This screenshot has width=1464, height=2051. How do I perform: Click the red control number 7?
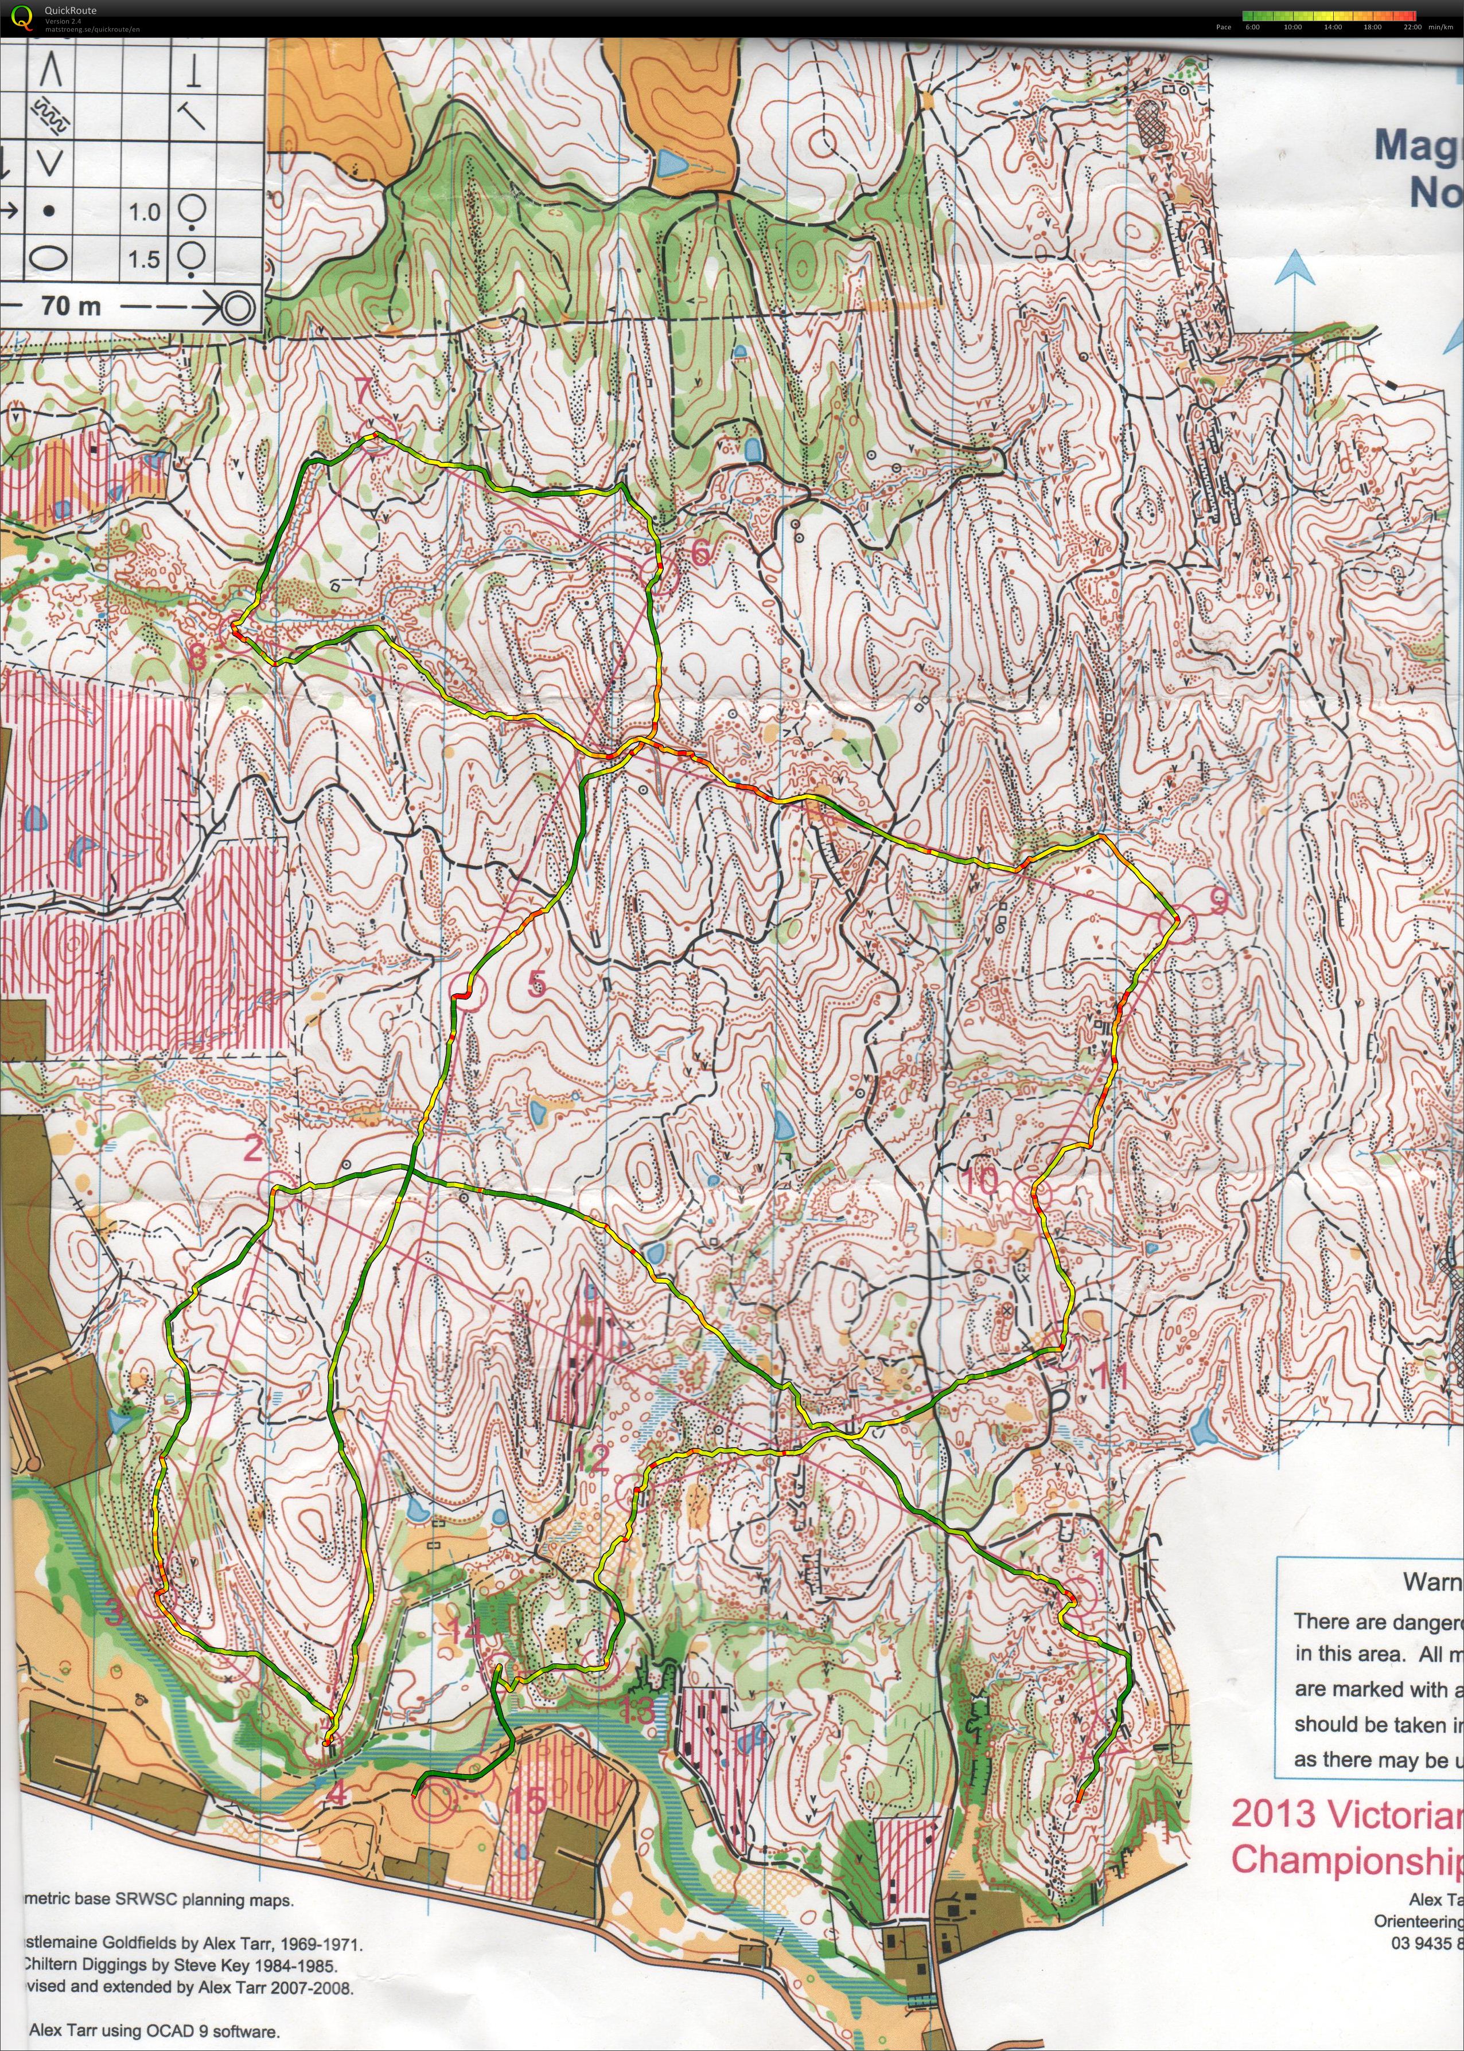363,392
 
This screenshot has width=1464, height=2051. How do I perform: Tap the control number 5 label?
536,982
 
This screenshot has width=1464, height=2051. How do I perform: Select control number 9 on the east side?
1217,901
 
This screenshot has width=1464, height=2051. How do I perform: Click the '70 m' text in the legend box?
71,306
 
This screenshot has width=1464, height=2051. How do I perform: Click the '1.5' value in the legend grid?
143,260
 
